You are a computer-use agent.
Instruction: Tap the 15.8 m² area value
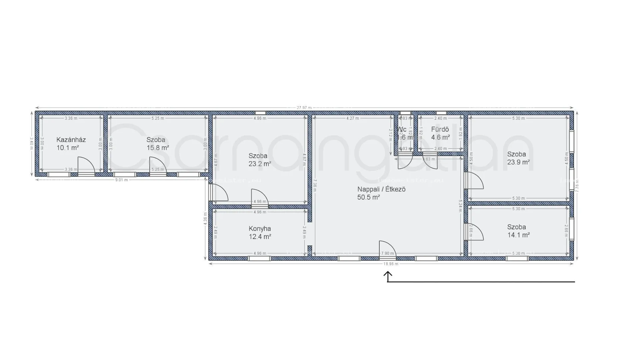click(x=158, y=148)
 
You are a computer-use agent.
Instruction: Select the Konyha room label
click(x=260, y=229)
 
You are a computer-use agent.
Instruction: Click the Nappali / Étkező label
click(x=381, y=189)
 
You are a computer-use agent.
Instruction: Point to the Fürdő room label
click(x=440, y=129)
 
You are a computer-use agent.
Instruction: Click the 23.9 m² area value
click(x=518, y=162)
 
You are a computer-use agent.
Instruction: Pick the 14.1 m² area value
click(x=518, y=235)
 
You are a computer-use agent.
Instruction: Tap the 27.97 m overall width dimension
click(x=304, y=108)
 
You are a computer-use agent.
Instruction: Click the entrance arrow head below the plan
click(x=387, y=274)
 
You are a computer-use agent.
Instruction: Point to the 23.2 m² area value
click(x=260, y=164)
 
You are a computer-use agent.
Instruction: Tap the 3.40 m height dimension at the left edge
click(x=31, y=143)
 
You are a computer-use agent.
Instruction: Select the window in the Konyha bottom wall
click(x=259, y=258)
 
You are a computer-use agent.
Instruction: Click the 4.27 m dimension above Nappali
click(x=353, y=118)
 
